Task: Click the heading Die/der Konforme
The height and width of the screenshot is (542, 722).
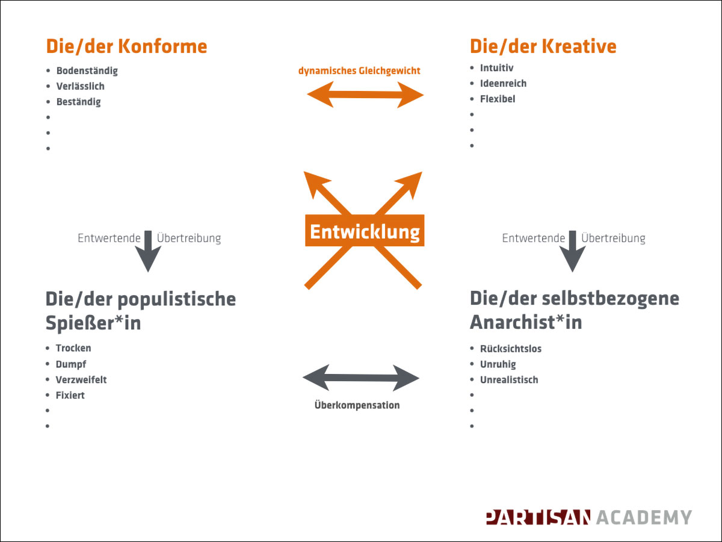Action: coord(126,46)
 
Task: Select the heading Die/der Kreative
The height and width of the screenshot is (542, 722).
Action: coord(543,46)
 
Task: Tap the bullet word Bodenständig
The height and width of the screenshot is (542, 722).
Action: coord(87,70)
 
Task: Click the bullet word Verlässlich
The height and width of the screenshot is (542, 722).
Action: coord(81,86)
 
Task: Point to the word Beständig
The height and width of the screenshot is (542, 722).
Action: coord(79,102)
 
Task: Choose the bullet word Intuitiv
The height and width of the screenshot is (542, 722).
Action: coord(497,68)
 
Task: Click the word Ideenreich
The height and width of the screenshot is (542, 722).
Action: coord(503,83)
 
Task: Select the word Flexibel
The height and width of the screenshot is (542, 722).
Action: coord(498,99)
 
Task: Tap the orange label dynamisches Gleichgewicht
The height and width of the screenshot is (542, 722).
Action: coord(359,70)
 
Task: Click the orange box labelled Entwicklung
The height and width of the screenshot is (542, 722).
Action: coord(365,231)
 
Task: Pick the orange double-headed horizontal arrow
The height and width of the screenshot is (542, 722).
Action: coord(365,95)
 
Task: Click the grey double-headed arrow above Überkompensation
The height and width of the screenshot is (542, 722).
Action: coord(361,378)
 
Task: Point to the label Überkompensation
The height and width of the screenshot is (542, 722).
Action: coord(357,405)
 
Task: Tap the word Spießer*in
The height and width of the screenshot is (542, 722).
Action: coord(93,323)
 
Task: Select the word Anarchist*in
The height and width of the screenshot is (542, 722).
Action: coord(526,322)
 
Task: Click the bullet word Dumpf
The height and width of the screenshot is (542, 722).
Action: coord(71,364)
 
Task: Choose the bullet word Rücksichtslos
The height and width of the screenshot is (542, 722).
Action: coord(511,349)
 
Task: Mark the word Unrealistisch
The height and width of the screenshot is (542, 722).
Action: coord(509,380)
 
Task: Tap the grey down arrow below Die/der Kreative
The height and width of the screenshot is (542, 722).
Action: coord(572,251)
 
